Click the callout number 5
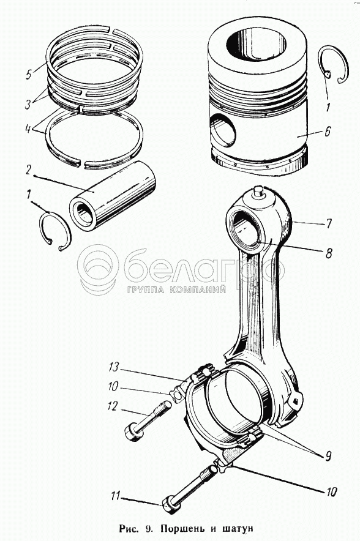29,75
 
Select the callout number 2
29,170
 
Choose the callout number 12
113,406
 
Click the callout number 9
327,456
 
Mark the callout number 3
28,104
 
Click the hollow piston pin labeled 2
113,196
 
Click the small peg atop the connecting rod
258,192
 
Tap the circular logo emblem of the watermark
98,270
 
